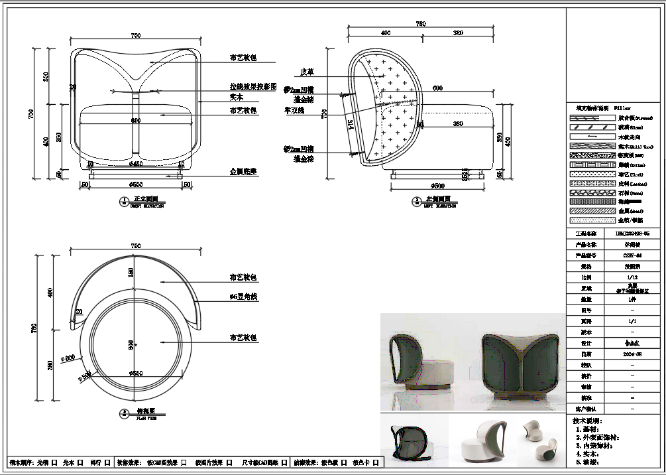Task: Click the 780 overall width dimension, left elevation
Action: click(x=420, y=24)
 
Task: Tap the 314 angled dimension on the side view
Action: click(x=350, y=124)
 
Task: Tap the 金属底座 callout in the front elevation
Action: click(x=243, y=172)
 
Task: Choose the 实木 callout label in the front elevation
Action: click(x=236, y=97)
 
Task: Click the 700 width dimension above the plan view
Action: click(x=136, y=246)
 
